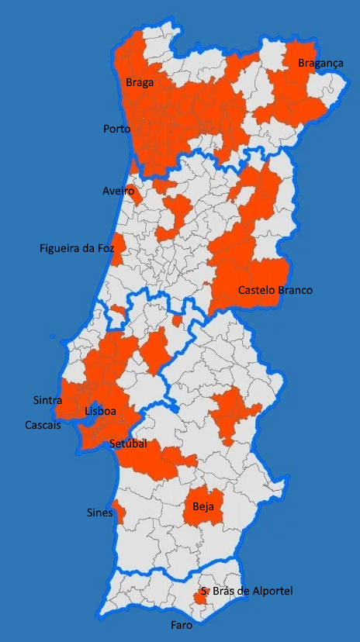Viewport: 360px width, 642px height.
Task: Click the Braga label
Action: (140, 81)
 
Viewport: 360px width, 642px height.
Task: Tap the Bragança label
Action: (320, 64)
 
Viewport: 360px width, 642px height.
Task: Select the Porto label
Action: (116, 129)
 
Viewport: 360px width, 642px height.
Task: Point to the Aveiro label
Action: (118, 191)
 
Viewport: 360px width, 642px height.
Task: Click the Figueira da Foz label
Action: (77, 249)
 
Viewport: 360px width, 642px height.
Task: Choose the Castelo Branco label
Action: (275, 291)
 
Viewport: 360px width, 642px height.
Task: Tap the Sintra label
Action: (48, 400)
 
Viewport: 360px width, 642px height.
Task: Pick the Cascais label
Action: (43, 426)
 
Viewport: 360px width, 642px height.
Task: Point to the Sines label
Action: (99, 513)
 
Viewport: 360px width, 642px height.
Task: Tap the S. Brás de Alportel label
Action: (247, 592)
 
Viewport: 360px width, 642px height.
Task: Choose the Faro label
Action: (182, 624)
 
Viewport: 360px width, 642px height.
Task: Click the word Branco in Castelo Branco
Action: (295, 291)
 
